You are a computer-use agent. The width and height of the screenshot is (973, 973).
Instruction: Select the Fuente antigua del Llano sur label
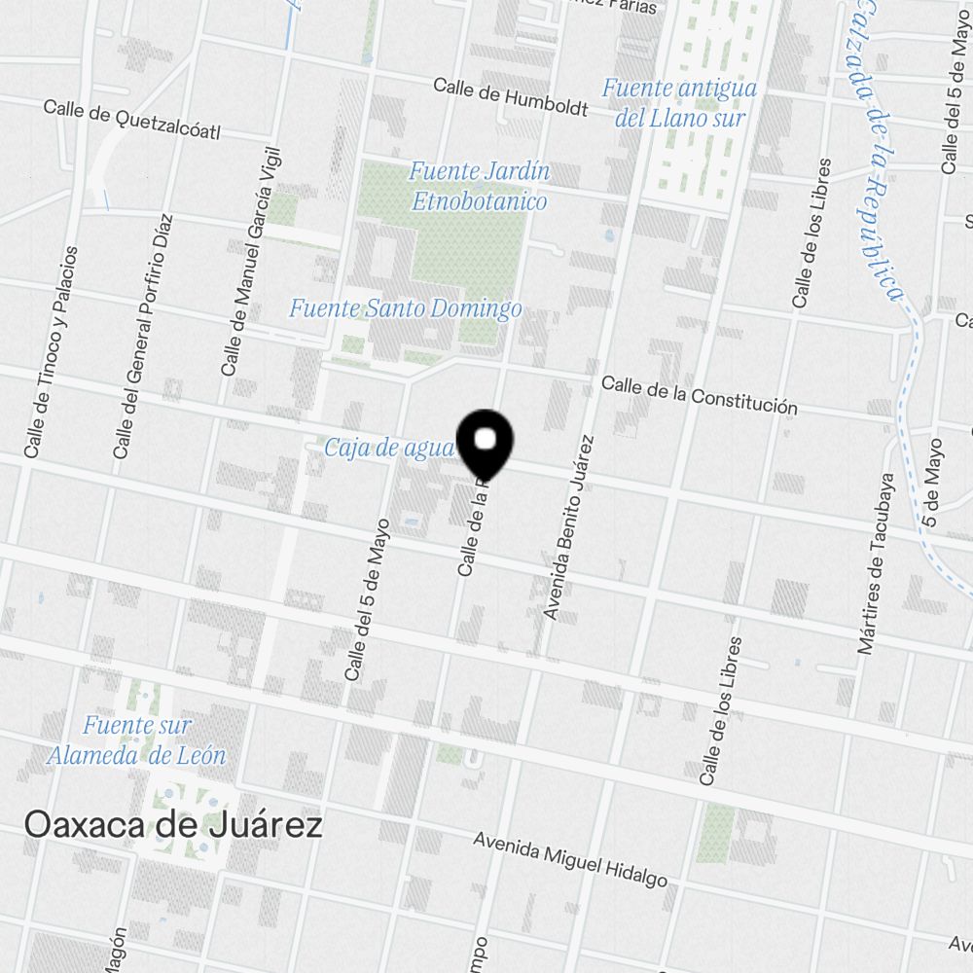(679, 102)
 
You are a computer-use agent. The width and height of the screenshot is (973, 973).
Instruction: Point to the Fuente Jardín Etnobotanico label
(479, 186)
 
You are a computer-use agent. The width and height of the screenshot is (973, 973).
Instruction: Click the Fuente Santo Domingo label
(405, 309)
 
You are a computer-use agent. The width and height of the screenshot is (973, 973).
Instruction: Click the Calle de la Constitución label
(699, 394)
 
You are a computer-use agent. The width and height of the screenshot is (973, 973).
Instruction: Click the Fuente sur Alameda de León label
(137, 739)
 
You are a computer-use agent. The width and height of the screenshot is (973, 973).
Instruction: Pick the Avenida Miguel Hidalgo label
(570, 858)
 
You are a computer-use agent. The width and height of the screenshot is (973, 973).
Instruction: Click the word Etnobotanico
(479, 201)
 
